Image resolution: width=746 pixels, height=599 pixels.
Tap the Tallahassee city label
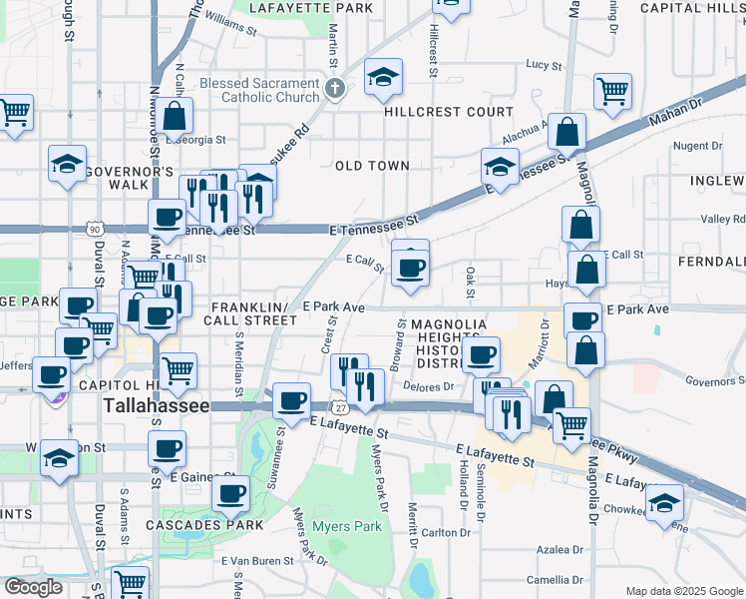point(157,407)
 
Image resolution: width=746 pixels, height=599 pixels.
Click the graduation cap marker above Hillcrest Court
point(383,78)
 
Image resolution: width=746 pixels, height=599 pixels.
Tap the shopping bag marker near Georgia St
point(175,116)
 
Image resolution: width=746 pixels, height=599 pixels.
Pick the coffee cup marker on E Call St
point(410,267)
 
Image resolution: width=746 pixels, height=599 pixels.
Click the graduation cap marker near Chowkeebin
point(664,505)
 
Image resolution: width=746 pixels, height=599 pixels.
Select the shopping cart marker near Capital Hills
point(612,92)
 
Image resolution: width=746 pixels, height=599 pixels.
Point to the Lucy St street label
point(544,65)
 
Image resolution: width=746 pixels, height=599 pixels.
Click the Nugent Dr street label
point(689,146)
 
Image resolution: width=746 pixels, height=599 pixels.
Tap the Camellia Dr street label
point(556,580)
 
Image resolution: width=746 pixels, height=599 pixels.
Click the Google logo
point(32,587)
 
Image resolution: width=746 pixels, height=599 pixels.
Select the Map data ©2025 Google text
point(683,591)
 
